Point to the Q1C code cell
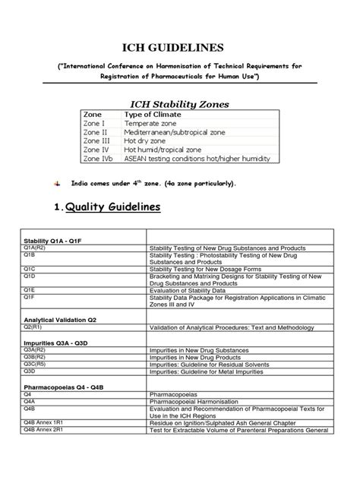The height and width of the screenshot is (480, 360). [30, 268]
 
